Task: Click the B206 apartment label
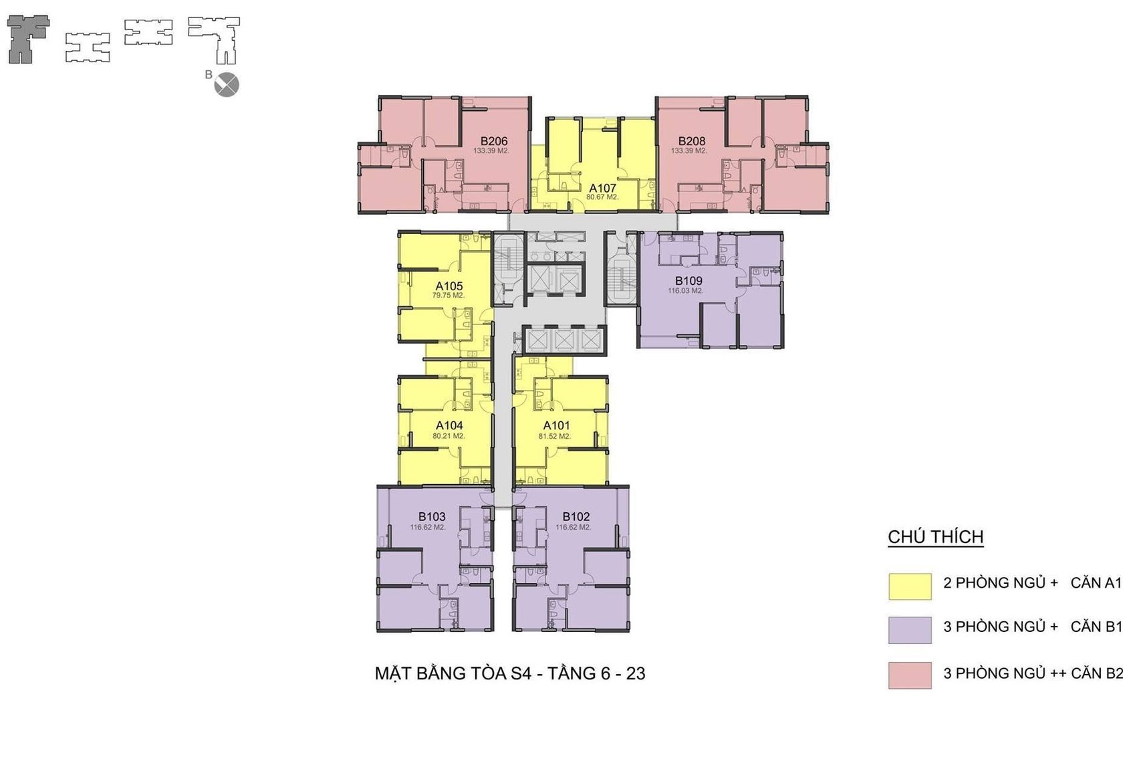pyautogui.click(x=494, y=142)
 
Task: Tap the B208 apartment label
pyautogui.click(x=692, y=142)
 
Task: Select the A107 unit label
pyautogui.click(x=603, y=188)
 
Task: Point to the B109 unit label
pyautogui.click(x=689, y=281)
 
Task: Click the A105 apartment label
pyautogui.click(x=449, y=286)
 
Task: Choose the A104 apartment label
pyautogui.click(x=449, y=425)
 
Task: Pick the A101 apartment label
pyautogui.click(x=556, y=425)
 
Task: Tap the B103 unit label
pyautogui.click(x=432, y=517)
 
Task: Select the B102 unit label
pyautogui.click(x=576, y=517)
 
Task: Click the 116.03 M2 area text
pyautogui.click(x=685, y=291)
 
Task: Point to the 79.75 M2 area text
pyautogui.click(x=449, y=296)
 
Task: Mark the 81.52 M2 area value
pyautogui.click(x=555, y=437)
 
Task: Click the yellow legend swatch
pyautogui.click(x=910, y=586)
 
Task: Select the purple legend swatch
pyautogui.click(x=910, y=630)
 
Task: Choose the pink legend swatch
pyautogui.click(x=910, y=675)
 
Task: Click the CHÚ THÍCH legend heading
pyautogui.click(x=936, y=537)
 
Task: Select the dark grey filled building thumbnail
pyautogui.click(x=28, y=39)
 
